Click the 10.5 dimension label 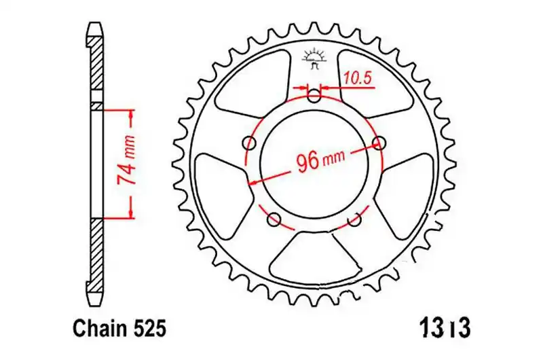pos(358,79)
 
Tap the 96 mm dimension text pos(321,160)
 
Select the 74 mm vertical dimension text pos(126,160)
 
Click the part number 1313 pos(445,328)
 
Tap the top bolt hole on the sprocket pos(314,96)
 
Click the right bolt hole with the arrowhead pos(379,142)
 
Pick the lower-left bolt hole pos(274,219)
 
